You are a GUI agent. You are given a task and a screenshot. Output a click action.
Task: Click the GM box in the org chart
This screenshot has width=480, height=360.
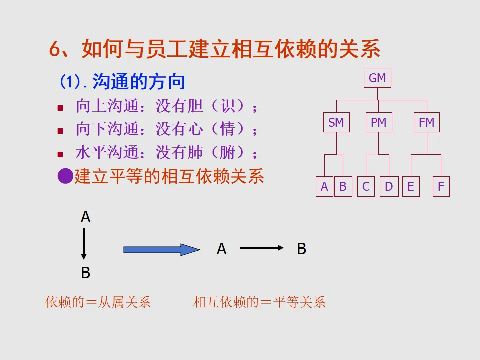(x=377, y=78)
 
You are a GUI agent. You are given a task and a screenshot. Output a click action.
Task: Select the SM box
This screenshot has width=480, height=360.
(x=336, y=122)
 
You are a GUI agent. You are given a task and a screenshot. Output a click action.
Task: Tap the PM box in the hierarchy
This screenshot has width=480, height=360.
(x=379, y=122)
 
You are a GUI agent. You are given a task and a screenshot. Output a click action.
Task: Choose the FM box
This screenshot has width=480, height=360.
(x=426, y=122)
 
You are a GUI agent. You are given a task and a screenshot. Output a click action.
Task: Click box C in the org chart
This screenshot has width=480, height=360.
(x=366, y=187)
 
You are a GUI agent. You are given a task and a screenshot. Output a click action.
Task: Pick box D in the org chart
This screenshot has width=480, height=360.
(x=389, y=187)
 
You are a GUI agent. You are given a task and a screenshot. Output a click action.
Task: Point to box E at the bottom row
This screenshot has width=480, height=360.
(x=411, y=187)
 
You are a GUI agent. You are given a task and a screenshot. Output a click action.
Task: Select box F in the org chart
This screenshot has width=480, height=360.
(x=441, y=187)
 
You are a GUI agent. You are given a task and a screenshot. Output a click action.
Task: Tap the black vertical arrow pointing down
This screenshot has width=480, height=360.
(x=84, y=243)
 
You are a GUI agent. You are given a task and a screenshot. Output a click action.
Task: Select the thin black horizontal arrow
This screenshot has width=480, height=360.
(x=261, y=248)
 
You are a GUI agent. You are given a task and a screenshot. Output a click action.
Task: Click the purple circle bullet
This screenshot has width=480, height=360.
(x=65, y=176)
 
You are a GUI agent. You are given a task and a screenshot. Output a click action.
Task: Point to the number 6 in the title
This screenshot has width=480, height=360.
(x=54, y=50)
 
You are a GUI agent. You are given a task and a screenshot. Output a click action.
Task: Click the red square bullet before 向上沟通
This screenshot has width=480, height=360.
(x=60, y=108)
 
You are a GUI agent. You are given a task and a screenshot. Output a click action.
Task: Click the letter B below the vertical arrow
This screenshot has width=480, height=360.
(x=85, y=273)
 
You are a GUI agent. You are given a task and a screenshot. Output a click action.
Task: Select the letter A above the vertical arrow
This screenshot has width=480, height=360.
(x=85, y=217)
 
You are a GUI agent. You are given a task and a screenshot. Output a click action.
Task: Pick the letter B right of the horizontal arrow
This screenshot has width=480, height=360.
(x=301, y=249)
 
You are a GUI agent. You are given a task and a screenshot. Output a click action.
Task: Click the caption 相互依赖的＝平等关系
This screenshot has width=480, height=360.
(x=259, y=302)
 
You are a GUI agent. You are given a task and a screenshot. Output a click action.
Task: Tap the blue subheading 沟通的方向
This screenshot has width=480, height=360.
(x=139, y=82)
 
